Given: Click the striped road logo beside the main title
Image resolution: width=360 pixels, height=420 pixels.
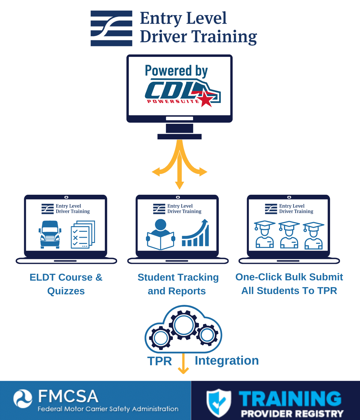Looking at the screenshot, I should [111, 28].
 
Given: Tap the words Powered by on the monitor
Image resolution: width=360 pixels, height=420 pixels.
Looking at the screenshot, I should [176, 71].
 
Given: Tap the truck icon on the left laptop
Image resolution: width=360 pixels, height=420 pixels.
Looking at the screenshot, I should [50, 234].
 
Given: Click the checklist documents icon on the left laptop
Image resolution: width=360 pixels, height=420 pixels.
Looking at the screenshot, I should [83, 235].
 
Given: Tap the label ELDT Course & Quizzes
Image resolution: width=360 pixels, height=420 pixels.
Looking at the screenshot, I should [66, 284].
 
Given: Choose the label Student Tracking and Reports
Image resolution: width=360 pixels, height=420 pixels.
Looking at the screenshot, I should [178, 284].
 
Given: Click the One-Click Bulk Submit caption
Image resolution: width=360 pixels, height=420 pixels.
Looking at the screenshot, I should [289, 283].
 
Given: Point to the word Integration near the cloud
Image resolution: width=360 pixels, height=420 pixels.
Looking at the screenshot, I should [226, 361].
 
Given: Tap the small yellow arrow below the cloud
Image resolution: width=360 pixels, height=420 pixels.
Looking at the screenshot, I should [183, 364].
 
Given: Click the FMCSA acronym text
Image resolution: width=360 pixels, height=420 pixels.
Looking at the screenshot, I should [68, 396].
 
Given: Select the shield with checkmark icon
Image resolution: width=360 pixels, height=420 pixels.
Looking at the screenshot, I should [219, 403].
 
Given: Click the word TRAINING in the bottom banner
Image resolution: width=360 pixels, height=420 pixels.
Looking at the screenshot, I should [290, 399].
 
